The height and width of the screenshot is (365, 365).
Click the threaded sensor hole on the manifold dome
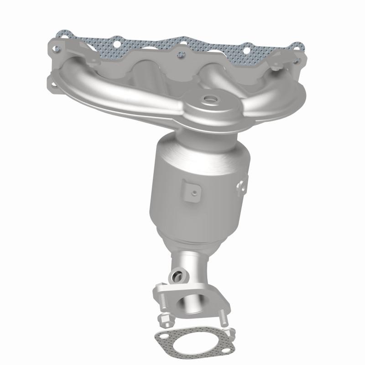tap(210, 98)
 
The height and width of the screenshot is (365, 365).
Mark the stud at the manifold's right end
tap(277, 69)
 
